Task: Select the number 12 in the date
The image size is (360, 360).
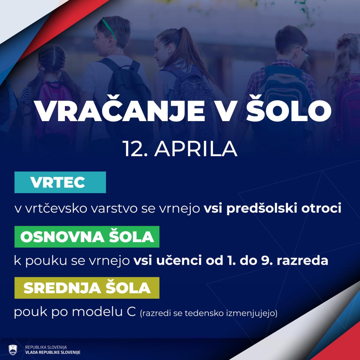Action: [x=132, y=149]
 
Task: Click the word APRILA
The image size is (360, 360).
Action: [x=196, y=149]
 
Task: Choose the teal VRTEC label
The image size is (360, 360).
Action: [x=60, y=182]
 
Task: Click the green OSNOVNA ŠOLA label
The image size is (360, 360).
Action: [x=87, y=237]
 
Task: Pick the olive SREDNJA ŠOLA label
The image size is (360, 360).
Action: [x=87, y=288]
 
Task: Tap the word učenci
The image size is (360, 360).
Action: [x=179, y=261]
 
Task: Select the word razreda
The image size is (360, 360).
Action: [x=302, y=261]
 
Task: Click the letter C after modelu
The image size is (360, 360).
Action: [x=131, y=312]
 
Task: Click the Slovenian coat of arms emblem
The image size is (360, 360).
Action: [x=13, y=350]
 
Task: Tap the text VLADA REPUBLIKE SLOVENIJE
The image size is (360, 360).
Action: [x=53, y=352]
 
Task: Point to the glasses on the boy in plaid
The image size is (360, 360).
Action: [x=304, y=53]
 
